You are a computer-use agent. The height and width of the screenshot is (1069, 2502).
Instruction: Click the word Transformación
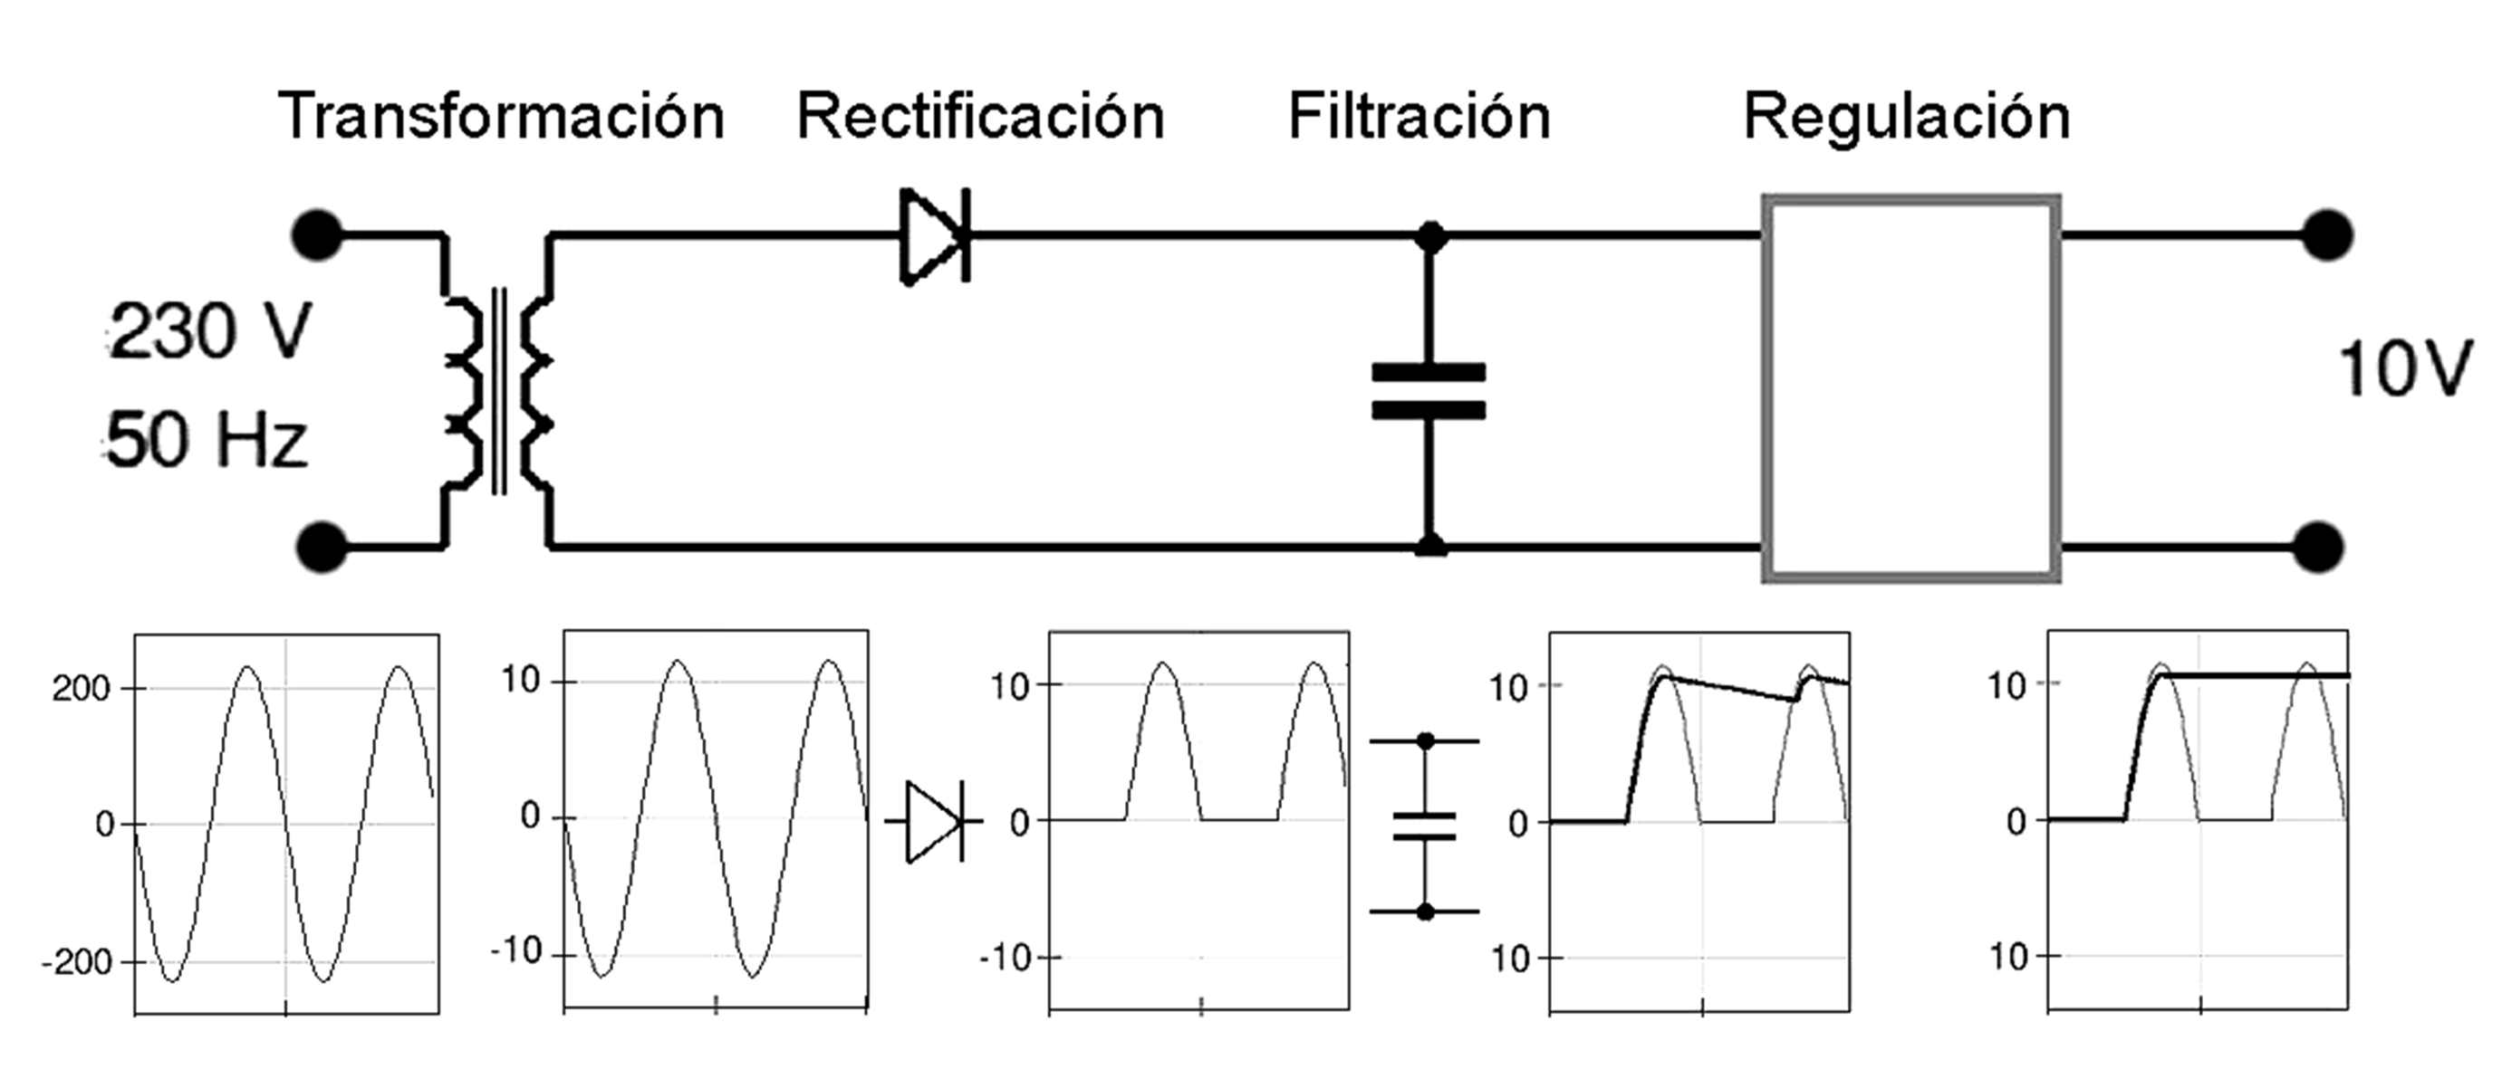pyautogui.click(x=501, y=118)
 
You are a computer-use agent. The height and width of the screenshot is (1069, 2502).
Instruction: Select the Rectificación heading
pyautogui.click(x=980, y=118)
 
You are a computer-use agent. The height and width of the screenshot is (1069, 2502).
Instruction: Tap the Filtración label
pyautogui.click(x=1419, y=118)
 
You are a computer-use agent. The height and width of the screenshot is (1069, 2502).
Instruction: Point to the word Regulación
pyautogui.click(x=1907, y=118)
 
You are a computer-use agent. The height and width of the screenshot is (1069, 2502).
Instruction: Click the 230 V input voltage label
pyautogui.click(x=210, y=331)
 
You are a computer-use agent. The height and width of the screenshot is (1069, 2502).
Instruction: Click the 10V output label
pyautogui.click(x=2403, y=370)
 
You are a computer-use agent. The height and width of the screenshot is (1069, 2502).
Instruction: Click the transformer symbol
pyautogui.click(x=498, y=390)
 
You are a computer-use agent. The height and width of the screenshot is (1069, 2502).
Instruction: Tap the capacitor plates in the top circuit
pyautogui.click(x=1428, y=390)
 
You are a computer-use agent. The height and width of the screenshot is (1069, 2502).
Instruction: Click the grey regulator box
pyautogui.click(x=1910, y=388)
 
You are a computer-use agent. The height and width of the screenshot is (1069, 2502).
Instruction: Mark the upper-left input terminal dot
pyautogui.click(x=317, y=235)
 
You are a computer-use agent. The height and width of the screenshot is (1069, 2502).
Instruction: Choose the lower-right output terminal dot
pyautogui.click(x=2319, y=548)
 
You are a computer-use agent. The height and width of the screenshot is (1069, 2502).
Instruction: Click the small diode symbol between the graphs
pyautogui.click(x=933, y=821)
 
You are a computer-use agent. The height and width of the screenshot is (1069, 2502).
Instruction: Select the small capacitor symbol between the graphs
pyautogui.click(x=1425, y=826)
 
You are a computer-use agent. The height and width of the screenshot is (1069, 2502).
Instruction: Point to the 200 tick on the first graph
pyautogui.click(x=82, y=690)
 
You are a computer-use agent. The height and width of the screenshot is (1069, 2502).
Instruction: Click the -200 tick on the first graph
pyautogui.click(x=77, y=962)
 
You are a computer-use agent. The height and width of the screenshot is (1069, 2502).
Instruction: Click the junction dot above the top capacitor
pyautogui.click(x=1429, y=236)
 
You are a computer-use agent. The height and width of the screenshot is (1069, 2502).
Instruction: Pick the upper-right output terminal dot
pyautogui.click(x=2327, y=235)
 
